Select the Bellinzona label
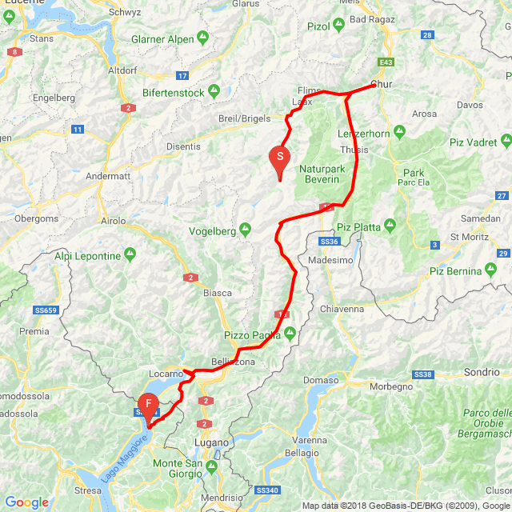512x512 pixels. click(x=234, y=362)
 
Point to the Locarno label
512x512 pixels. click(x=166, y=374)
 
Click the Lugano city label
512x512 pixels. click(x=212, y=442)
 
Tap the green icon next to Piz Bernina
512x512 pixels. click(x=492, y=270)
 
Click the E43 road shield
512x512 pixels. click(x=387, y=62)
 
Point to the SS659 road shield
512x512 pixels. click(x=47, y=310)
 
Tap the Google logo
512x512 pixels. click(x=26, y=502)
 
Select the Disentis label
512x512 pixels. click(x=183, y=147)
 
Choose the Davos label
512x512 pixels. click(x=470, y=105)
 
